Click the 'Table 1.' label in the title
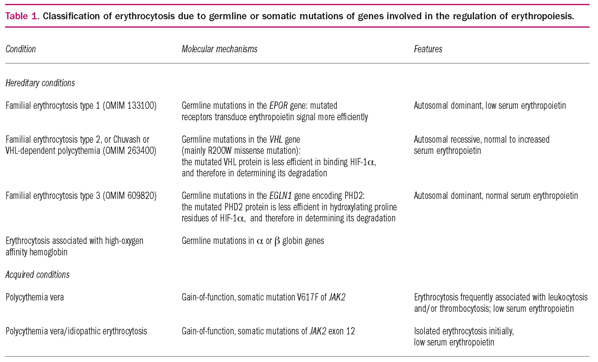(22, 16)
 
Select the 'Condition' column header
(21, 49)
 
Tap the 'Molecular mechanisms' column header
(219, 49)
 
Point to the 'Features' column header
(428, 49)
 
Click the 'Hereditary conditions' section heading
(40, 83)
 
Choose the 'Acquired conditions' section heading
(38, 275)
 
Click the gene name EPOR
(278, 106)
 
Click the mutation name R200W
(220, 151)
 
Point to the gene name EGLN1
(280, 195)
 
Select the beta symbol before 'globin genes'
(277, 241)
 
